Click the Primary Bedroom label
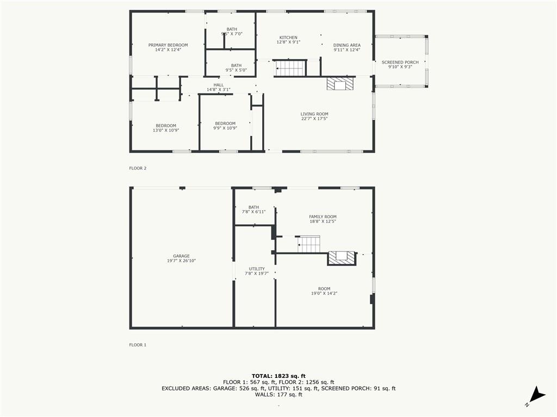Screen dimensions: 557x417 click(x=168, y=45)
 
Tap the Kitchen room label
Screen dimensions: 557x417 click(x=288, y=37)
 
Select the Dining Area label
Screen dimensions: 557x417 click(x=346, y=45)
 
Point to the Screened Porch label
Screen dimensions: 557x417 click(x=400, y=62)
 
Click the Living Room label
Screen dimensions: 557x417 click(x=314, y=114)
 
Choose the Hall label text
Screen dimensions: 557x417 click(x=219, y=85)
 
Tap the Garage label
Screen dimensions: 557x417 click(x=181, y=256)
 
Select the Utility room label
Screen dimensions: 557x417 click(x=257, y=269)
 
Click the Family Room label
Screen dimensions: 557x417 click(x=323, y=217)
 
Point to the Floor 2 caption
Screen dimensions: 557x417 click(x=138, y=168)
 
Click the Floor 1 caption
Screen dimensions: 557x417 click(x=138, y=345)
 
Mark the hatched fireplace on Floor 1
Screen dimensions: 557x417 click(x=342, y=258)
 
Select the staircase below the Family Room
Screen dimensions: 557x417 click(x=309, y=244)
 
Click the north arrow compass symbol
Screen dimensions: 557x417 click(x=536, y=396)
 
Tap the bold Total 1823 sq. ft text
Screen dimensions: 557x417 click(x=278, y=376)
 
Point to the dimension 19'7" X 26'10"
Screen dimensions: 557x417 click(x=181, y=261)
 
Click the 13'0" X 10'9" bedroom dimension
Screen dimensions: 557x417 click(x=166, y=130)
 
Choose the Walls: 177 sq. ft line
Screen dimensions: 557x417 click(x=278, y=394)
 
